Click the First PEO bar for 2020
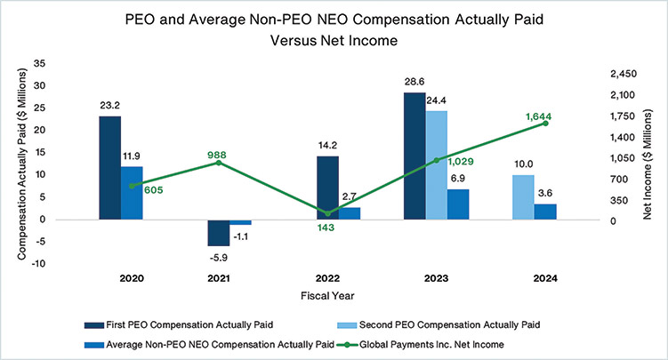110,168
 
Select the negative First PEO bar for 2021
219,232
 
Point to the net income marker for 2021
219,162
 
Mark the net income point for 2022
327,213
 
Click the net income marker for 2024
545,123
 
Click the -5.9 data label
219,258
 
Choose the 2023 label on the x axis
436,278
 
